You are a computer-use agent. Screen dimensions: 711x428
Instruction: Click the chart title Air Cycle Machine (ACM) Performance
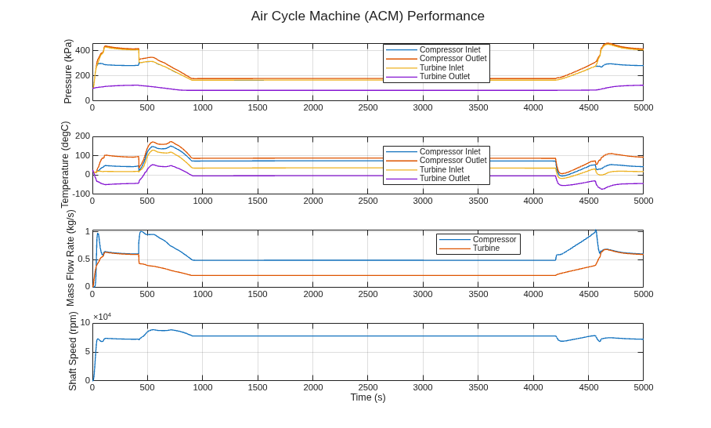point(368,16)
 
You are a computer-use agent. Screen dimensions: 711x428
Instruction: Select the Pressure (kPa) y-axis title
point(68,71)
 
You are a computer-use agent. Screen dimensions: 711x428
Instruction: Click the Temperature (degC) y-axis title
point(66,165)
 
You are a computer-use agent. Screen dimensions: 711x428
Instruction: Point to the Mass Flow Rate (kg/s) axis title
point(70,258)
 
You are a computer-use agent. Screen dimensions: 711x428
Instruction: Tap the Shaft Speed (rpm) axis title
point(73,351)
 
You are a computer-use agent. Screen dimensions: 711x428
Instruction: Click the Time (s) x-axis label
point(368,397)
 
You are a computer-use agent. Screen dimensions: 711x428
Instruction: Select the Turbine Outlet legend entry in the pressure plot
point(445,76)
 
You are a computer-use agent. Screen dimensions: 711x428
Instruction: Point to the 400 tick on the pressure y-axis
point(82,50)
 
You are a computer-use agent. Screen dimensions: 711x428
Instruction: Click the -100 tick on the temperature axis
point(81,194)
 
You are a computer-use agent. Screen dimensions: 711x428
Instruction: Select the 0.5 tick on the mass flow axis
point(85,259)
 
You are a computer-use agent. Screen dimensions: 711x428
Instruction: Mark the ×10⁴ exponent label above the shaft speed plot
point(102,317)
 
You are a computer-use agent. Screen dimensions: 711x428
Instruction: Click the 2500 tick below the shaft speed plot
point(368,387)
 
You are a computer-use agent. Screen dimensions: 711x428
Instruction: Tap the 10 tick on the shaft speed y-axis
point(85,323)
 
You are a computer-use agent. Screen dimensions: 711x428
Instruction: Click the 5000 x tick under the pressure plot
point(644,107)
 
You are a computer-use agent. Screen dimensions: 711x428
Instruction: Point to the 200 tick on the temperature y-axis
point(82,136)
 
